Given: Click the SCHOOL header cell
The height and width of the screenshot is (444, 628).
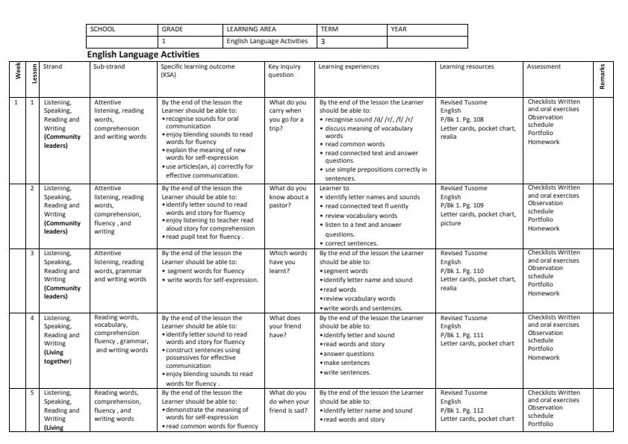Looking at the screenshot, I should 102,29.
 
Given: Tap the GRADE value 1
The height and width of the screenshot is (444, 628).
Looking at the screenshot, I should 164,42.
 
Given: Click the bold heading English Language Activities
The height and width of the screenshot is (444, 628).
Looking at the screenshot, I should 143,54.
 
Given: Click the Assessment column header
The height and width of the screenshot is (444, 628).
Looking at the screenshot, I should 544,66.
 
